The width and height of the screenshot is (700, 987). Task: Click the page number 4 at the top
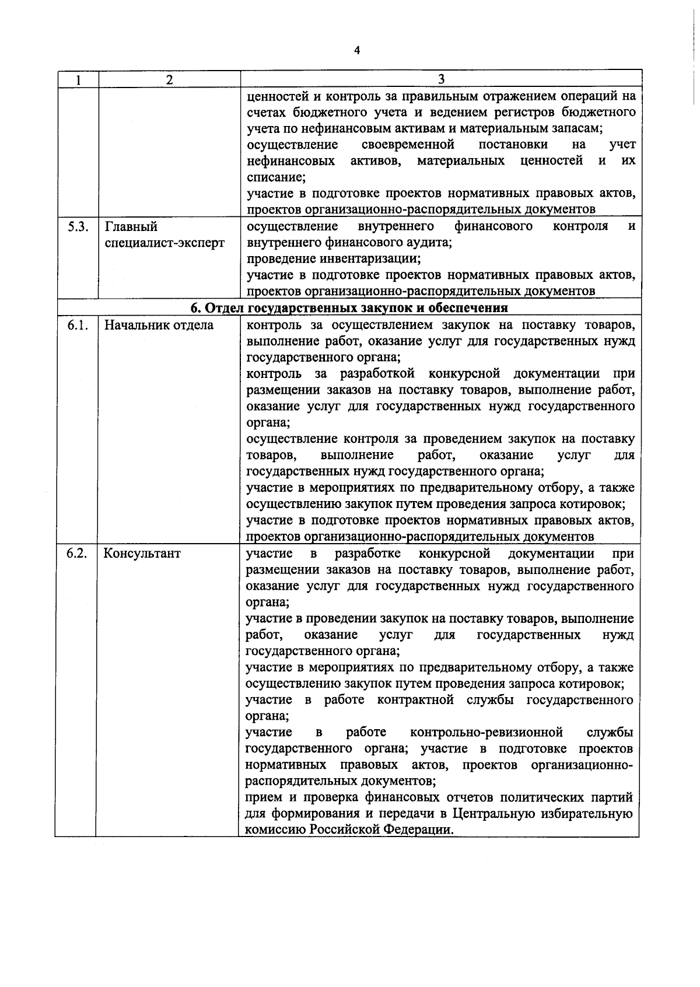click(357, 51)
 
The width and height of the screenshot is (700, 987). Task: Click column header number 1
click(78, 80)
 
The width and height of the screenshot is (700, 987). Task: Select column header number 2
click(169, 80)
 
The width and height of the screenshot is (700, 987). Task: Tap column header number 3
click(441, 79)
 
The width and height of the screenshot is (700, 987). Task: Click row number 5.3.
click(77, 226)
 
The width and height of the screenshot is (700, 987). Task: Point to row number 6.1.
click(77, 325)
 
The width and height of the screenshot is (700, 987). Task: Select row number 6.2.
click(77, 554)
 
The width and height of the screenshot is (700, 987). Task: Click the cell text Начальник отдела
click(159, 325)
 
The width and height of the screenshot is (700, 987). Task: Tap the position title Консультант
click(142, 554)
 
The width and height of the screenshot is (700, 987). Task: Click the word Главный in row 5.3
click(131, 226)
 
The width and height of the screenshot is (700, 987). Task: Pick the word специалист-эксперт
click(164, 243)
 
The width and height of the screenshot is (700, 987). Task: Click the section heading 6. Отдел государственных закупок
click(350, 307)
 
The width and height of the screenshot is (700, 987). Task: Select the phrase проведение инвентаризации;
click(334, 258)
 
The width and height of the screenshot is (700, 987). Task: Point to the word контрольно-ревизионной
click(487, 732)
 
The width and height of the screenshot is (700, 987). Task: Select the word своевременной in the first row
click(408, 144)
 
